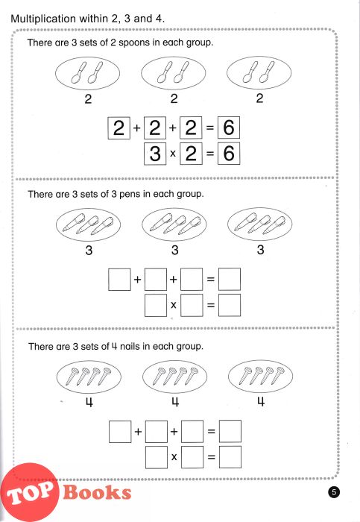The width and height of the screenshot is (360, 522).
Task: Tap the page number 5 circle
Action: point(334,491)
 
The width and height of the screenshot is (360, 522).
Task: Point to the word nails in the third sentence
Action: point(130,347)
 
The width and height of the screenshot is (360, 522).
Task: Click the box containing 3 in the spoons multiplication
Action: point(155,154)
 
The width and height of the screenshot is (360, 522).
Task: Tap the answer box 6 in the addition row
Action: point(229,128)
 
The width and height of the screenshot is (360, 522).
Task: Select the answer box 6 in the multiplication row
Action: point(229,154)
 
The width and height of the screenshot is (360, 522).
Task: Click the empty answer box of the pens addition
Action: point(230,279)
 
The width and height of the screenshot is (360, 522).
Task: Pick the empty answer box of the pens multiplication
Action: point(230,305)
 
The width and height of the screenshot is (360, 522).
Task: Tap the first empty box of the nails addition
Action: point(120,432)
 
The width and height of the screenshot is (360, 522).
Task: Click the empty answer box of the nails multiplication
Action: point(230,457)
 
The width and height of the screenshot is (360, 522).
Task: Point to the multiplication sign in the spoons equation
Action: point(173,154)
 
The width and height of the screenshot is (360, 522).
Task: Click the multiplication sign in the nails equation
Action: point(174,457)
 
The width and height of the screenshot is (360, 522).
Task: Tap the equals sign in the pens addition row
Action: point(211,280)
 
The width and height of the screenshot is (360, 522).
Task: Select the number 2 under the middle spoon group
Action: point(174,98)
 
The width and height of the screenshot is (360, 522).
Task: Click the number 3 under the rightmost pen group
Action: point(261,250)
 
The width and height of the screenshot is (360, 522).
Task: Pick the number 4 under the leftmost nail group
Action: point(89,403)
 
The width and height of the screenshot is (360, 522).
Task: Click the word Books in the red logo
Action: point(97,492)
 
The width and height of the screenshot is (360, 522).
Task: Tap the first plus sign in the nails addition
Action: point(138,432)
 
